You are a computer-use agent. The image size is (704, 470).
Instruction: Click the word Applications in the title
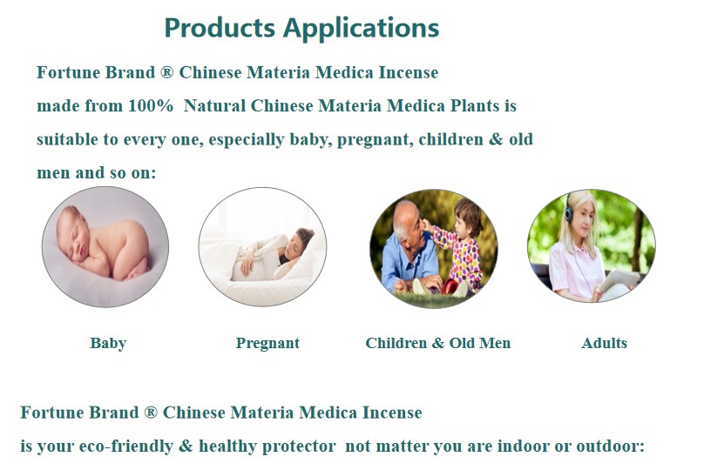[x=361, y=29]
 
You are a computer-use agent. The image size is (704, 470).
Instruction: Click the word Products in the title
[x=220, y=27]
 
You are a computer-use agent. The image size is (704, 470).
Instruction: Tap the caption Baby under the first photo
[x=108, y=343]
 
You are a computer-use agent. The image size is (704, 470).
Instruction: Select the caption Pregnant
[x=267, y=344]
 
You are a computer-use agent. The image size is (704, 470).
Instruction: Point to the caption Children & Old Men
[x=437, y=343]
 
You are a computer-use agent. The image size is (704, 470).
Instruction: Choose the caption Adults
[x=604, y=343]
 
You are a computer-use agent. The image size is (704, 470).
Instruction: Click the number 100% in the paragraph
[x=151, y=106]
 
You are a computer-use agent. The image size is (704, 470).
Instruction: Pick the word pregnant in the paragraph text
[x=375, y=140]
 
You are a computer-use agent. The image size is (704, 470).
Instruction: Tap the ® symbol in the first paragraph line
[x=166, y=72]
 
